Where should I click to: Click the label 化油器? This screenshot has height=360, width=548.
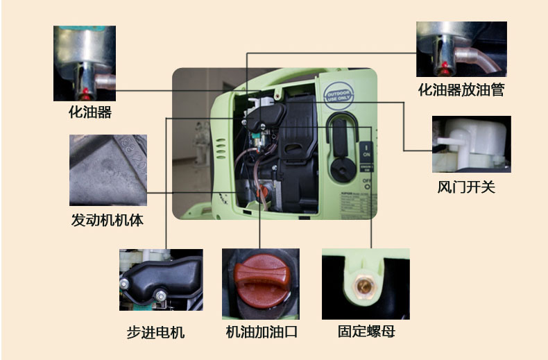89,112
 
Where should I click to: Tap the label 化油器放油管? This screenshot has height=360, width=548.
461,89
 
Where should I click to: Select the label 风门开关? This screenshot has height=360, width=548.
466,188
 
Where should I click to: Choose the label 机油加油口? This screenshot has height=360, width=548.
262,332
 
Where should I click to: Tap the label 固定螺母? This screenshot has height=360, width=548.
366,332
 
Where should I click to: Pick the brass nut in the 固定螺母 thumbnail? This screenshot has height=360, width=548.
364,284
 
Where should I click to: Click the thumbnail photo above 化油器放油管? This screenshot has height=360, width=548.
461,49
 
